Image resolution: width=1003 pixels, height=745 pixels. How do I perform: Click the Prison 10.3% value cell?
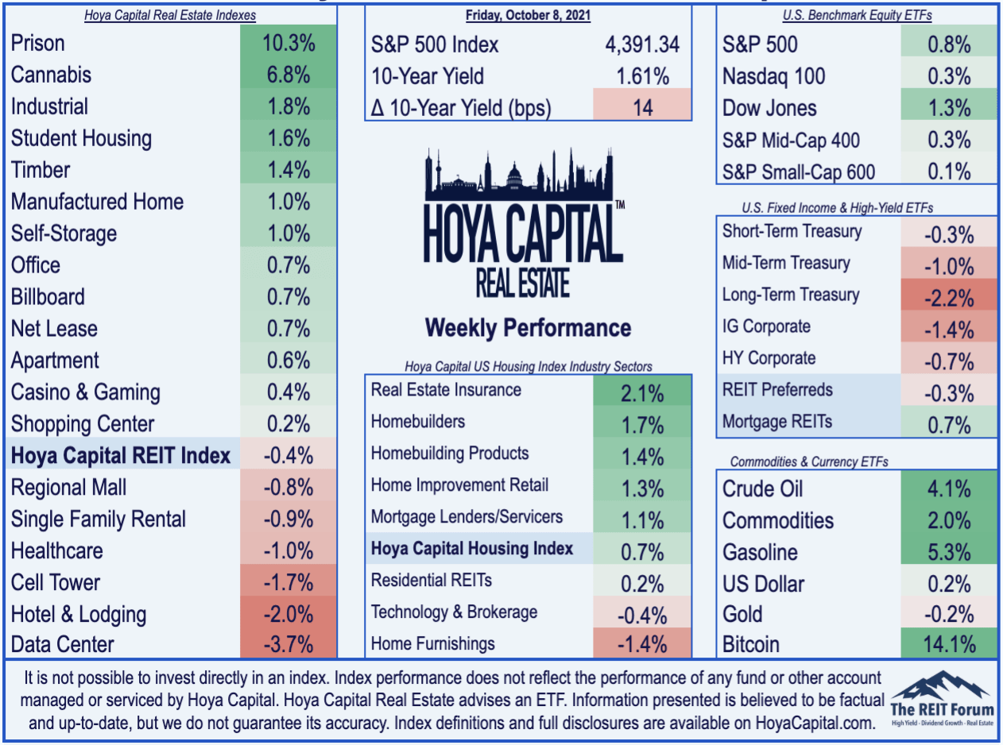(x=289, y=44)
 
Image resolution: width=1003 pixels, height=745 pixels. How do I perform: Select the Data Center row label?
(x=63, y=644)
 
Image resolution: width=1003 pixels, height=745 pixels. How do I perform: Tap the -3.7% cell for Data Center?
(x=289, y=644)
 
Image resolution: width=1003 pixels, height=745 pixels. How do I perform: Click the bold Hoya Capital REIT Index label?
(x=121, y=455)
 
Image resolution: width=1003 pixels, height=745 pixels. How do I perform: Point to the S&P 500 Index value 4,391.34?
(x=642, y=44)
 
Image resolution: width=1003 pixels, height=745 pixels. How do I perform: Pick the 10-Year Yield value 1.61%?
(x=643, y=76)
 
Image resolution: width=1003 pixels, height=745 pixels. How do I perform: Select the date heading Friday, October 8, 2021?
(x=529, y=15)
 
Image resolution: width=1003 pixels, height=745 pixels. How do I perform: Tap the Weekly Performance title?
(x=529, y=328)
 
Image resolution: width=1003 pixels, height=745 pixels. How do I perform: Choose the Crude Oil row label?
(x=762, y=489)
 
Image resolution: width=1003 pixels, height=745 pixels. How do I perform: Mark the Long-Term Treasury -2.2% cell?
(x=949, y=295)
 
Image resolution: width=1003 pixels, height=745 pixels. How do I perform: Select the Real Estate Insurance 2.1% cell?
(x=642, y=390)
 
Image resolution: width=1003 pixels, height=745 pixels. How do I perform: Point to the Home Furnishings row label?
(x=433, y=643)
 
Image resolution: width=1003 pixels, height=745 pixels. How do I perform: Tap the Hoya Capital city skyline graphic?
(x=519, y=175)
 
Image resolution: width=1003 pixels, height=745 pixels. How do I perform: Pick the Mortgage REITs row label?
(x=777, y=422)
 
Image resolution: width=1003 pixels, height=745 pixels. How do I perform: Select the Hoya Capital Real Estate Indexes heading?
(x=170, y=15)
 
